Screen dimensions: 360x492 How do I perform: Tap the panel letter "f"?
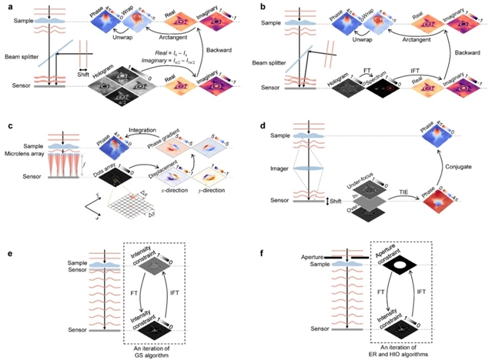coord(258,251)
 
